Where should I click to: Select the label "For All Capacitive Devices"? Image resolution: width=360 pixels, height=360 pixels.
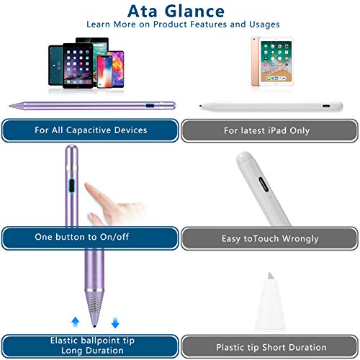[90, 130]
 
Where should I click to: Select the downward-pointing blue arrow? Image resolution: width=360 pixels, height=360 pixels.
[114, 323]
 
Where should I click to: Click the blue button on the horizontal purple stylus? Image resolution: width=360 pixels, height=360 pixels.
[149, 105]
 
